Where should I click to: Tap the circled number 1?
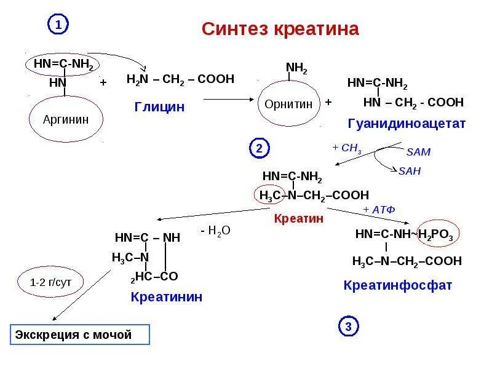(x=58, y=25)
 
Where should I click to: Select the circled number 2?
(x=259, y=148)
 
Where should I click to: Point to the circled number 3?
(x=348, y=327)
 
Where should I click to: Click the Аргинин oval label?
(x=66, y=119)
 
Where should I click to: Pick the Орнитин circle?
(x=288, y=104)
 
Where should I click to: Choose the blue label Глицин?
(x=159, y=107)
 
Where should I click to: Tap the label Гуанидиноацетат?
(x=407, y=124)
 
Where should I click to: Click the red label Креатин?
(x=299, y=218)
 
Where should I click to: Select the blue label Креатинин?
(x=166, y=297)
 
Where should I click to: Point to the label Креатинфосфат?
(x=398, y=285)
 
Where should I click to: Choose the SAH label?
(x=410, y=171)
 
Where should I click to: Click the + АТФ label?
(x=379, y=210)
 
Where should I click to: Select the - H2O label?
(x=215, y=231)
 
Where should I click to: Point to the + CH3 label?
(x=347, y=149)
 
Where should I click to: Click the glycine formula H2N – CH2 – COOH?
(x=180, y=79)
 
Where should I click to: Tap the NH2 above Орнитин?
(x=297, y=68)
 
